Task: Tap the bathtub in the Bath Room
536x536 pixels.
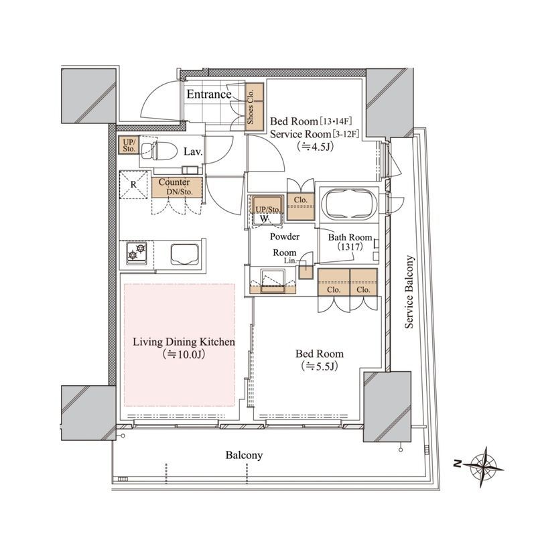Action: (350, 205)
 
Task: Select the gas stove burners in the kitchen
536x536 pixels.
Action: (137, 253)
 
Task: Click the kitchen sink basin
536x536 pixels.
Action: (185, 255)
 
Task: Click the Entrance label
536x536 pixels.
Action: (209, 94)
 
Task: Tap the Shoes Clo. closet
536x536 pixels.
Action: (255, 107)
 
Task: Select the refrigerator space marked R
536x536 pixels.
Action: (133, 185)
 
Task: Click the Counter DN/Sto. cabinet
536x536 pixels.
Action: (177, 188)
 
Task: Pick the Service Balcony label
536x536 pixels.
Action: (409, 292)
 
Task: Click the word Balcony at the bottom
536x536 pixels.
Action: (244, 456)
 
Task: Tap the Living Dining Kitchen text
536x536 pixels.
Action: (184, 342)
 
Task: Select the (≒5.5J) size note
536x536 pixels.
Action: (320, 366)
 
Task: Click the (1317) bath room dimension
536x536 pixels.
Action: (350, 247)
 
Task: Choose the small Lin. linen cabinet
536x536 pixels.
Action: (306, 271)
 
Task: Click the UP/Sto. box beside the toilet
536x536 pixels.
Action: (129, 145)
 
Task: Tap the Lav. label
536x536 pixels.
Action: (193, 152)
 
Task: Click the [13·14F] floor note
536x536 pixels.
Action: (336, 121)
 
